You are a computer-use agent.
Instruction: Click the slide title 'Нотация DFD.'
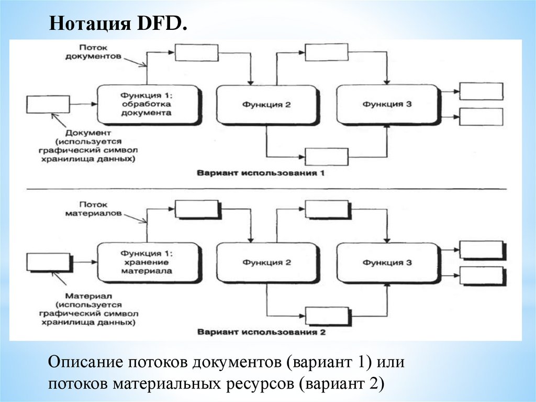(x=118, y=25)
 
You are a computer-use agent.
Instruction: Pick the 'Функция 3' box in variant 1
(x=387, y=104)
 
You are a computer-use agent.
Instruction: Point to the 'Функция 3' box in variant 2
(x=387, y=263)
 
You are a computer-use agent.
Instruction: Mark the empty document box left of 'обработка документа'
(x=48, y=104)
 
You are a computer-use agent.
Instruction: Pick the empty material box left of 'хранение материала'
(x=48, y=262)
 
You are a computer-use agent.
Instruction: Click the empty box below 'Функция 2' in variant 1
(x=326, y=156)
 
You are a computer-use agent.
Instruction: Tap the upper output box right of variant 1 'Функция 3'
(x=481, y=91)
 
